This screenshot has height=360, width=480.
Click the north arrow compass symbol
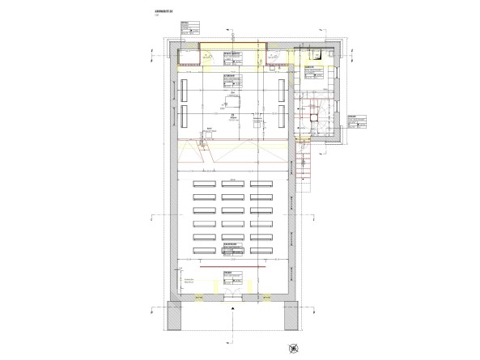292,347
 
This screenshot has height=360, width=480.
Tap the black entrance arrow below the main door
232,308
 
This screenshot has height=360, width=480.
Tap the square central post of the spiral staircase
316,116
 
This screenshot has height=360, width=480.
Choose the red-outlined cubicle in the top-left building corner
189,55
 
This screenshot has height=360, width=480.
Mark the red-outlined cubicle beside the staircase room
278,55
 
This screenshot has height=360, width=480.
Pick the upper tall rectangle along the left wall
185,87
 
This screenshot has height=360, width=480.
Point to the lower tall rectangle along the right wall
279,116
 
